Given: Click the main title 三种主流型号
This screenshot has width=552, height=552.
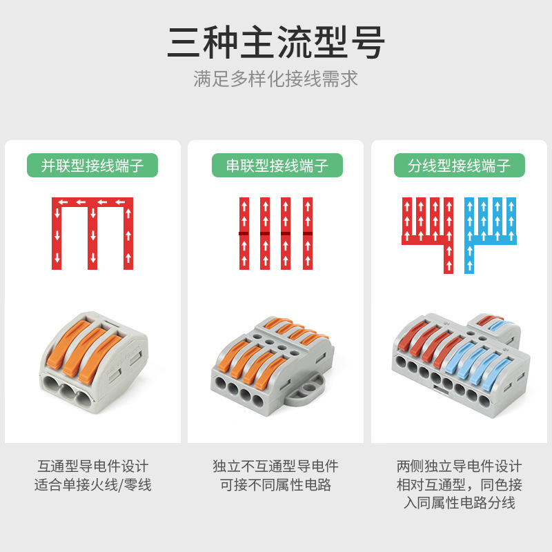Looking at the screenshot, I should pyautogui.click(x=276, y=43).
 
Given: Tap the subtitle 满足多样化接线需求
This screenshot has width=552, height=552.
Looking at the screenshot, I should pyautogui.click(x=276, y=78).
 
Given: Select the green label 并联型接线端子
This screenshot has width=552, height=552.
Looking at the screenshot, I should pyautogui.click(x=92, y=166).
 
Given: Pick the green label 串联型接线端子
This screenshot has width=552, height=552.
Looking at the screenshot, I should pyautogui.click(x=276, y=166).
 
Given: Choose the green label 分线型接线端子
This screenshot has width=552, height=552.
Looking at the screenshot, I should pyautogui.click(x=460, y=166).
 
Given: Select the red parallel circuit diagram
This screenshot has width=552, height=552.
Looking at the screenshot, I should pyautogui.click(x=92, y=232).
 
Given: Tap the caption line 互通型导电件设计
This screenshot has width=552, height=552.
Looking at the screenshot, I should pyautogui.click(x=92, y=466).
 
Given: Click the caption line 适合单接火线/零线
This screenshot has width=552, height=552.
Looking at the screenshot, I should pyautogui.click(x=92, y=485).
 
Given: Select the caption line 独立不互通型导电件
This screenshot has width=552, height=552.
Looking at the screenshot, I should pyautogui.click(x=276, y=466).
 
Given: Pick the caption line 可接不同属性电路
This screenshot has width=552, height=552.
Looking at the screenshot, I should pyautogui.click(x=276, y=485).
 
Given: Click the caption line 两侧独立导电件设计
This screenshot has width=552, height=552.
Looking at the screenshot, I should pyautogui.click(x=460, y=466).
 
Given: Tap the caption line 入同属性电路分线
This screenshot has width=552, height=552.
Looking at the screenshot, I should pyautogui.click(x=460, y=503).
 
